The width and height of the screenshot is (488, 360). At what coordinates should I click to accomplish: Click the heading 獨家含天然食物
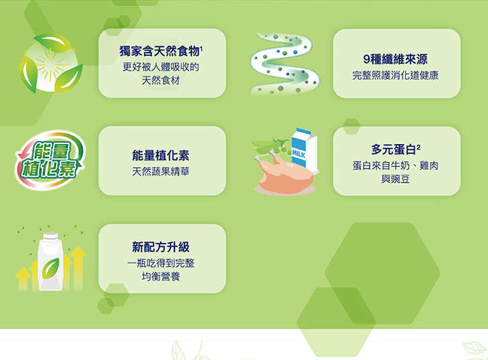160,51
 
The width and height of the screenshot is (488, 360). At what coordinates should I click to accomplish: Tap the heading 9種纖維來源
396,59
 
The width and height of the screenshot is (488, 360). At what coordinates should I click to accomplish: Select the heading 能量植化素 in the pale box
161,155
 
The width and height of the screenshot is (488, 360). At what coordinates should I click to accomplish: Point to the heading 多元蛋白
393,149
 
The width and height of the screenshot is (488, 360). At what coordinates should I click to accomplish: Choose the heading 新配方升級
161,248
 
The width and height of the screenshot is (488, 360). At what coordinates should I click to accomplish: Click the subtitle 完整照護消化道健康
396,75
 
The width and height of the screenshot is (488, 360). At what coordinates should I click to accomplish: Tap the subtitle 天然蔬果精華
161,172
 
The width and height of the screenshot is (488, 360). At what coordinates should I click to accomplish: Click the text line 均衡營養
161,277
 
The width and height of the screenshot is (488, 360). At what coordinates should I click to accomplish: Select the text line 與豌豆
396,179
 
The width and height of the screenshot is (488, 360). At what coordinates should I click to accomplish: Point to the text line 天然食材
161,81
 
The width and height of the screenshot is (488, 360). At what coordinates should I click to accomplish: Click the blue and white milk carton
304,149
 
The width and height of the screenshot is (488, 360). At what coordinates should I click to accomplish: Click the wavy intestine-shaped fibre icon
285,64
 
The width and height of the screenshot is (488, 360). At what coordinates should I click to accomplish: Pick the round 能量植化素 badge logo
50,160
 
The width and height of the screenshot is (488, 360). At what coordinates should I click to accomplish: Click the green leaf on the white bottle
50,268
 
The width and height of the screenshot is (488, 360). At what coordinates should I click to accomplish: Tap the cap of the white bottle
50,236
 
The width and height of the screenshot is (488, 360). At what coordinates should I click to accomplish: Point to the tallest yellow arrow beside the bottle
78,268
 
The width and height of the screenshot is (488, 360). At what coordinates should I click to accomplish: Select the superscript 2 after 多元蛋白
419,147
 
